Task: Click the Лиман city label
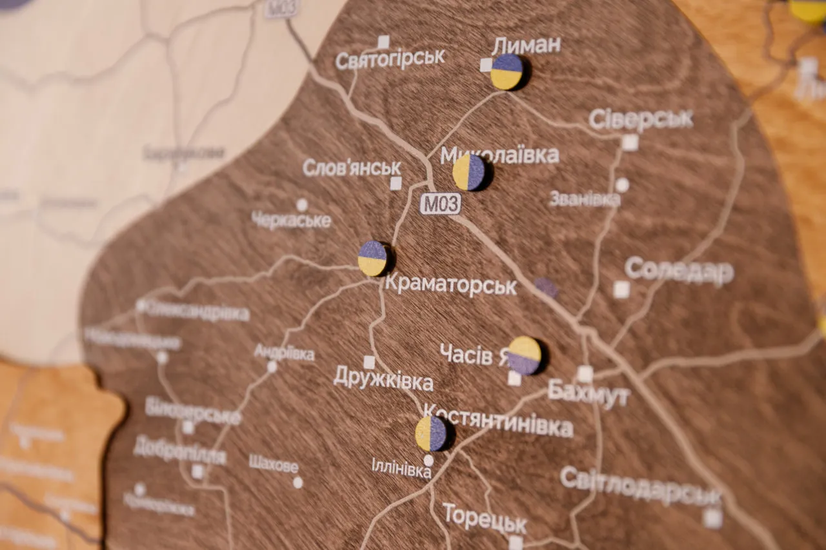point(526,45)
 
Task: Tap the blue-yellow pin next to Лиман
point(507,72)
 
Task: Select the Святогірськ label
point(390,58)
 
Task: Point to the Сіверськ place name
point(641,119)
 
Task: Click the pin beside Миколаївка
point(470,172)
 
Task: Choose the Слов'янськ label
point(352,168)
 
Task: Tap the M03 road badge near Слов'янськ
point(441,204)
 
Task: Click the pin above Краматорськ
point(373,259)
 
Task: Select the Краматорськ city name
point(450,286)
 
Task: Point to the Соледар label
point(679,271)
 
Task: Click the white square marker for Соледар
point(621,290)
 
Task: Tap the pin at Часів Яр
point(524,355)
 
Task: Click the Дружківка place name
point(383,380)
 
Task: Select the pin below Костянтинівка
point(431,433)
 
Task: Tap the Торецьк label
point(485,519)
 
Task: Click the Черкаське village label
point(291,220)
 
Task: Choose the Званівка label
point(585,199)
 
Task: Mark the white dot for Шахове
point(297,482)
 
